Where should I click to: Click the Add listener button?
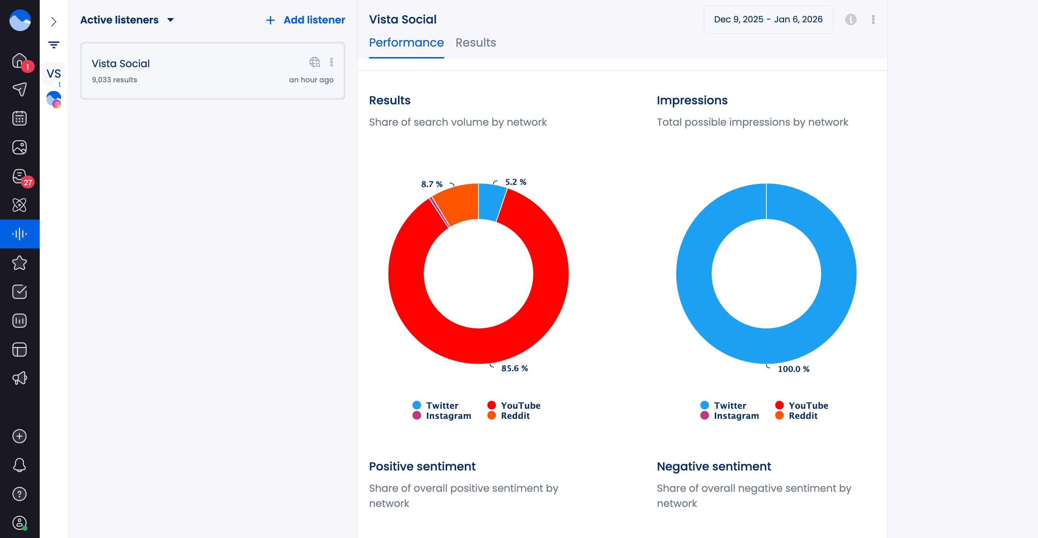306,20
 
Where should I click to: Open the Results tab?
476,43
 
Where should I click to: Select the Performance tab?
406,43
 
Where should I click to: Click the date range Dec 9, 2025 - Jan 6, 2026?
767,19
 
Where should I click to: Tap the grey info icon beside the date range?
850,19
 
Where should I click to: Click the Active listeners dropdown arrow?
170,20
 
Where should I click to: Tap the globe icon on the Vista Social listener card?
314,62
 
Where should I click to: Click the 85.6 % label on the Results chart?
514,368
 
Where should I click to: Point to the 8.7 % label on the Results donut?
432,184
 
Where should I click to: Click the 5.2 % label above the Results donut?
515,182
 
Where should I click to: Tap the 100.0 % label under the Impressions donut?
793,369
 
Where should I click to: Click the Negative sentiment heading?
714,466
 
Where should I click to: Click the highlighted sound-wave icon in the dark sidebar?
20,234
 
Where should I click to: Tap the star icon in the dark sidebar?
20,263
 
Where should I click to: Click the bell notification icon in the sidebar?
20,465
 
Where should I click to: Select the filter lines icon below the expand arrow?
53,45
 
